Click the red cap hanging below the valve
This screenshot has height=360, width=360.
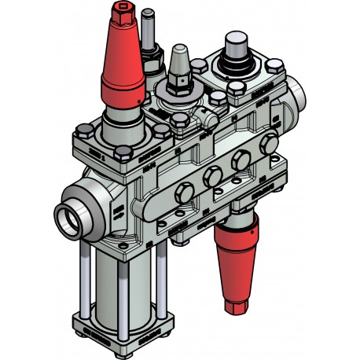(x=238, y=252)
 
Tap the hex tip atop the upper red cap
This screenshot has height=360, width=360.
(x=120, y=13)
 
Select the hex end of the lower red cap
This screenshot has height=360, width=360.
(x=237, y=302)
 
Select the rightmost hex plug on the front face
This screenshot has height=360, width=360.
(x=270, y=144)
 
